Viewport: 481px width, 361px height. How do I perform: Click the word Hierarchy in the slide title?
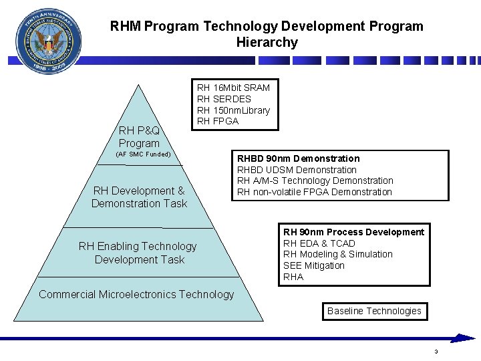point(267,42)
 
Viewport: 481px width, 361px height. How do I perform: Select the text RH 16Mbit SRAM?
point(233,88)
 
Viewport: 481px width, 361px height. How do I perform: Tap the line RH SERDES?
point(224,99)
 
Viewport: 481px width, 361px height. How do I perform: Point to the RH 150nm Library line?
point(233,110)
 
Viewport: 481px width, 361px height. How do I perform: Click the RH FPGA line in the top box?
point(217,121)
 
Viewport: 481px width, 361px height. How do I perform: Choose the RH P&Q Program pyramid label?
point(139,137)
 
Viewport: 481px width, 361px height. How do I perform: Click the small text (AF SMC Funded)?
point(144,154)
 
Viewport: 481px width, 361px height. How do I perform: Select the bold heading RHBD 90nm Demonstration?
point(299,158)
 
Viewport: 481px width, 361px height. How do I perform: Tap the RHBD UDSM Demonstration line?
point(297,170)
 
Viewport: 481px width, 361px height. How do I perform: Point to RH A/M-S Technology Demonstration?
point(315,180)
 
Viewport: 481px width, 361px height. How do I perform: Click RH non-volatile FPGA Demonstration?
point(315,192)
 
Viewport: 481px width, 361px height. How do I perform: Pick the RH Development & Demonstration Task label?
point(139,197)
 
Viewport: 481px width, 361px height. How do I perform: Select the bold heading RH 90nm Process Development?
point(353,232)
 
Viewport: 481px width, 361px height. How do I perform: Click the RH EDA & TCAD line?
point(319,243)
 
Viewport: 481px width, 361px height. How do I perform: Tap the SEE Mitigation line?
point(314,265)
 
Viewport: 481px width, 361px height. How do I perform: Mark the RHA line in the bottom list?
point(293,277)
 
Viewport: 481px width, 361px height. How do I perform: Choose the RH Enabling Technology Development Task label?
point(138,253)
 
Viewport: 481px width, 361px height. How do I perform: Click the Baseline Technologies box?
point(374,311)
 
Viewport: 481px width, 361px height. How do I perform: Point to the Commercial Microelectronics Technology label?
point(137,294)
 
